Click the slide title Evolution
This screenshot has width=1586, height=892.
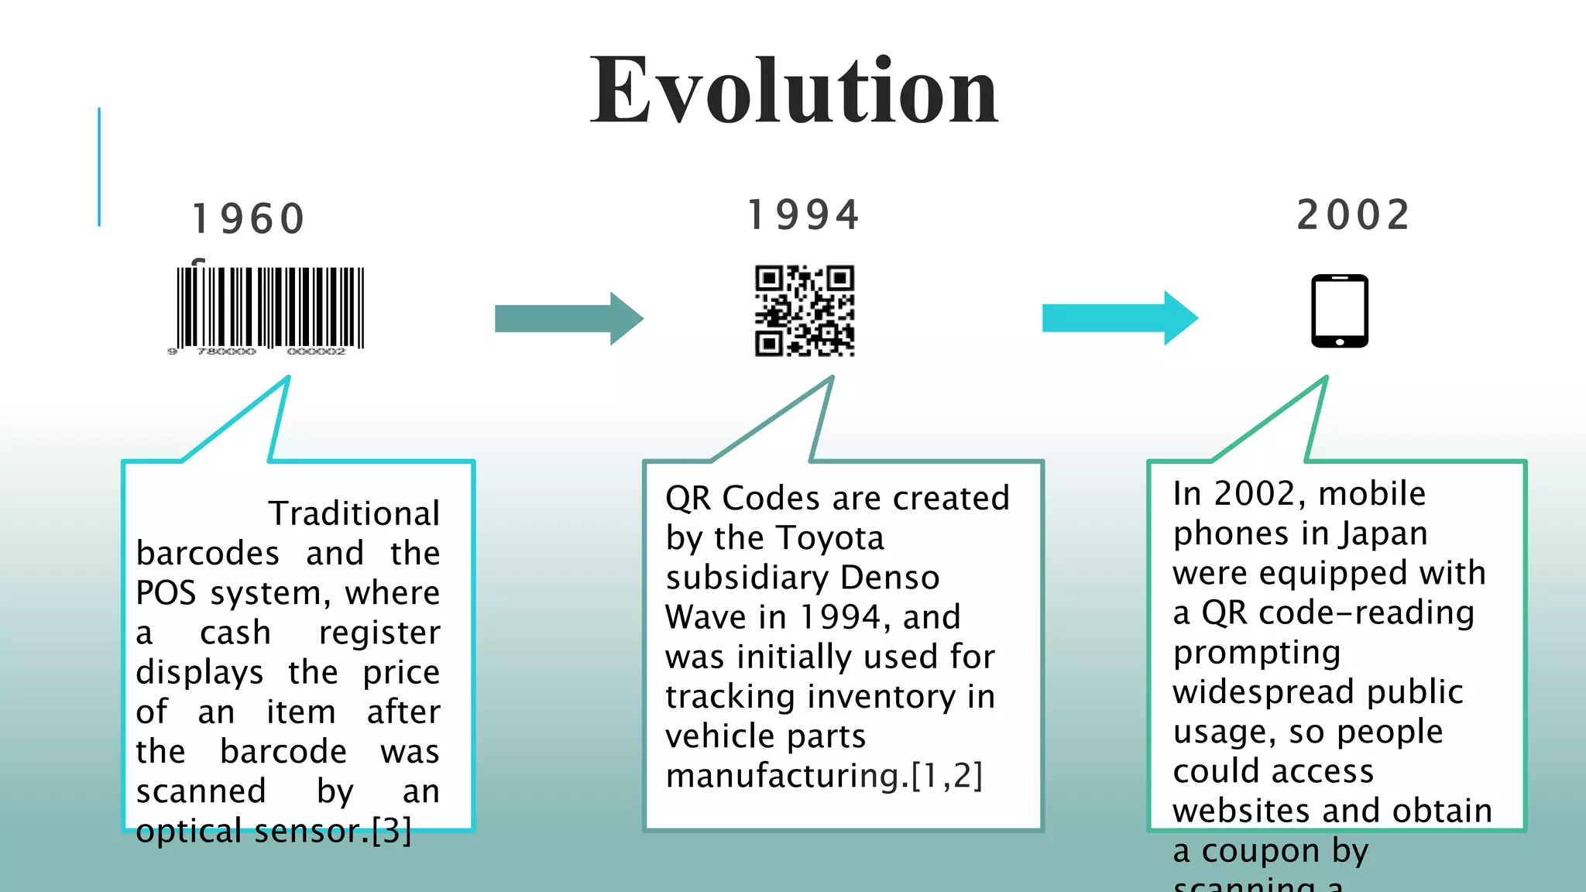pos(794,91)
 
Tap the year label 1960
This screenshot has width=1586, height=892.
pos(249,218)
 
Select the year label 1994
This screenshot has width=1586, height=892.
pos(804,215)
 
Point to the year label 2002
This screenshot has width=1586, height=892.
pos(1353,215)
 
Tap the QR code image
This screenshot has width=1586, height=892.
pos(805,310)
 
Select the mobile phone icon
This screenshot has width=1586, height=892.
pos(1339,310)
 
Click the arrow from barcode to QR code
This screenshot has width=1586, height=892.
pos(568,318)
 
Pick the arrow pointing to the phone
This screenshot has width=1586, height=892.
pos(1119,317)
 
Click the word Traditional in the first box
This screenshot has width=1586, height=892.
pos(354,513)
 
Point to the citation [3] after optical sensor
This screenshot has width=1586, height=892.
pos(391,831)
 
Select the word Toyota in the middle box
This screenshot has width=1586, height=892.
pos(829,537)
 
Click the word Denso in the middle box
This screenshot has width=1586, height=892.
pos(890,578)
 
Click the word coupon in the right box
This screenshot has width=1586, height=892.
pos(1260,850)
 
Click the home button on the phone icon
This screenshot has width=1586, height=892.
pos(1339,341)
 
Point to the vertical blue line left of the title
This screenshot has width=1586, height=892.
pos(99,167)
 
